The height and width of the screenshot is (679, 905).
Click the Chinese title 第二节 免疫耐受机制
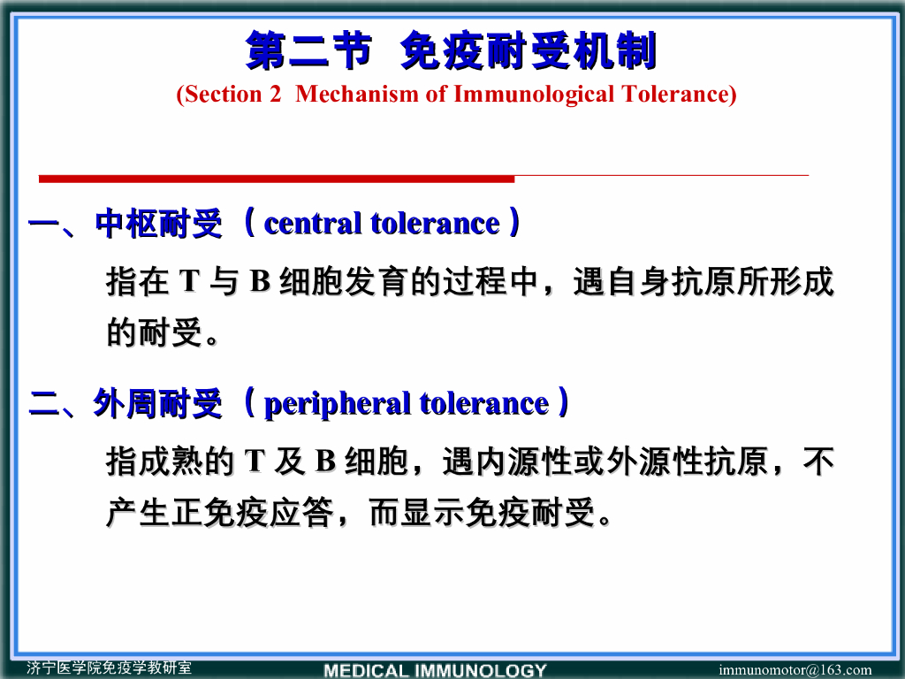[452, 51]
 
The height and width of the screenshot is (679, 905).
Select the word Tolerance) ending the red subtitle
[680, 95]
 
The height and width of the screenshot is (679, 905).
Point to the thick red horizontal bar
[277, 179]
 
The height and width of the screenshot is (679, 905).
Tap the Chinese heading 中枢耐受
[159, 225]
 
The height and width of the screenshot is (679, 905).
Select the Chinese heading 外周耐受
[158, 405]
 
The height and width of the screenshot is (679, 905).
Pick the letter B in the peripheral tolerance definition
[325, 462]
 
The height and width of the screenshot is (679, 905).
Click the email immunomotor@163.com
[795, 670]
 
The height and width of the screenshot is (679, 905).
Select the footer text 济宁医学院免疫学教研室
[109, 668]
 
